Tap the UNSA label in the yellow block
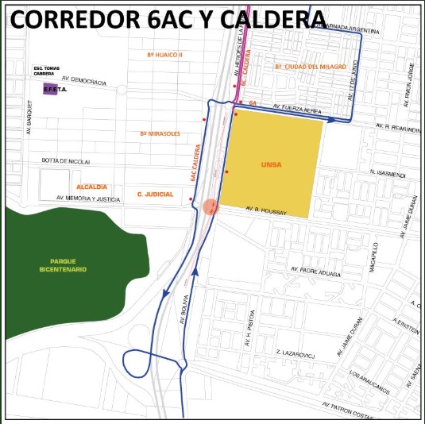(271, 164)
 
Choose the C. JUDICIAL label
(155, 193)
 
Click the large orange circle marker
(211, 207)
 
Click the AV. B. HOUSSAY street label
(265, 209)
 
